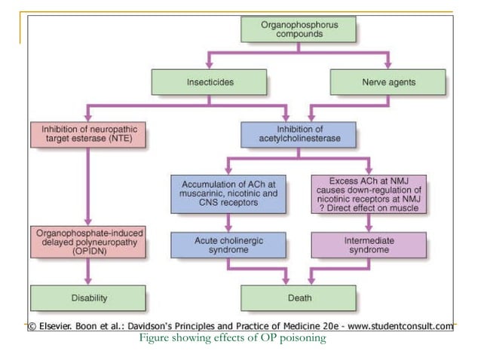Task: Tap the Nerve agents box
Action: pyautogui.click(x=388, y=81)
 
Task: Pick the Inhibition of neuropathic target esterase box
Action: pyautogui.click(x=89, y=134)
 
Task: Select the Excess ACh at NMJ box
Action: pyautogui.click(x=369, y=194)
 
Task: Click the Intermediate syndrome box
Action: pyautogui.click(x=369, y=245)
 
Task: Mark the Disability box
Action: pyautogui.click(x=89, y=297)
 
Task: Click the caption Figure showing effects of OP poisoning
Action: pyautogui.click(x=232, y=338)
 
